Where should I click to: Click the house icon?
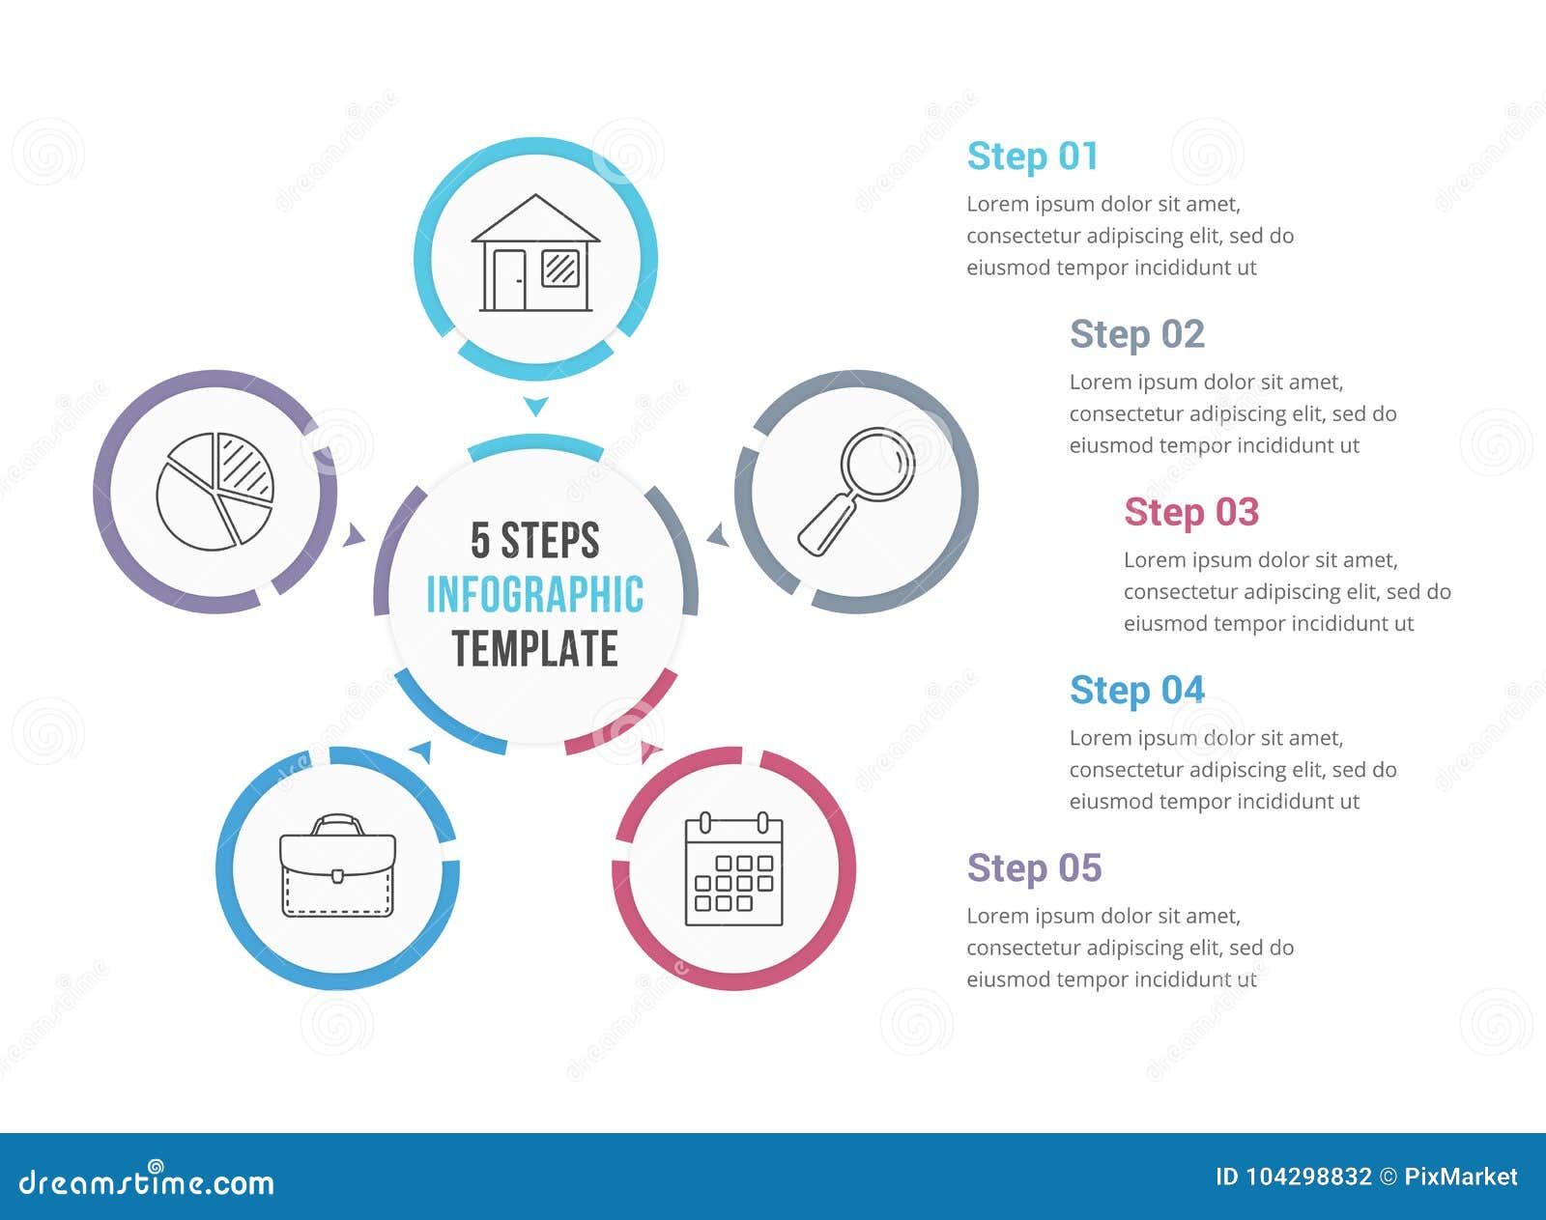(x=535, y=253)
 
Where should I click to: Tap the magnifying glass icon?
(x=856, y=491)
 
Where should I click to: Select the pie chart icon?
(x=215, y=491)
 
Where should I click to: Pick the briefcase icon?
(x=337, y=865)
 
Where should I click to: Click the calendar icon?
(x=733, y=868)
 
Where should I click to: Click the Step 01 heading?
(x=1032, y=156)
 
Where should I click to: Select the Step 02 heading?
(x=1137, y=334)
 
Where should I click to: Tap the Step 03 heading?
(x=1191, y=512)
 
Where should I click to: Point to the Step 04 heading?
(x=1137, y=690)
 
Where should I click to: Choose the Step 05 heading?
(x=1035, y=867)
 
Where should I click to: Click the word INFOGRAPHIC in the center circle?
(x=535, y=595)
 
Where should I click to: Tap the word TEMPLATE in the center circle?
(x=535, y=648)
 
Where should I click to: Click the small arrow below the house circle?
(x=536, y=406)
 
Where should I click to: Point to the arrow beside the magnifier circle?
(x=719, y=535)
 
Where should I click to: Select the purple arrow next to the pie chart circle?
(x=354, y=535)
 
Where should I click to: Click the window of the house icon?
(x=560, y=268)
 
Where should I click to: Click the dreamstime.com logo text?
(x=146, y=1181)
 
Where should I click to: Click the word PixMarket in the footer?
(x=1461, y=1177)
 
